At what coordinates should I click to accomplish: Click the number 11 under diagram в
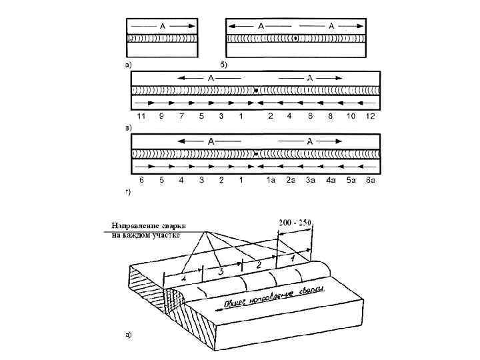tap(140, 116)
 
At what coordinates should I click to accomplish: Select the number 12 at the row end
tap(371, 116)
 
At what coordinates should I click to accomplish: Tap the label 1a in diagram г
tap(271, 180)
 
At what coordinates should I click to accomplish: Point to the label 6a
tap(371, 180)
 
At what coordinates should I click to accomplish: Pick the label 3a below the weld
tap(310, 180)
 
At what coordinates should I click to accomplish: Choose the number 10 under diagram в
tap(351, 116)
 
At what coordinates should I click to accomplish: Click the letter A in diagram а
tap(163, 26)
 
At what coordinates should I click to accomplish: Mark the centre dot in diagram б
tap(295, 39)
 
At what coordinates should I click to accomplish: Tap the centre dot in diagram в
tap(257, 90)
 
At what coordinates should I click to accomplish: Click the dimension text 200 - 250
tap(295, 223)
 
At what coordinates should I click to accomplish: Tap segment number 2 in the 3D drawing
tap(256, 265)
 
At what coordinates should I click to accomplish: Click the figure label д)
tap(129, 333)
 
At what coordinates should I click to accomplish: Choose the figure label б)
tap(224, 65)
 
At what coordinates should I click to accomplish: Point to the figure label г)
tap(128, 192)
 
